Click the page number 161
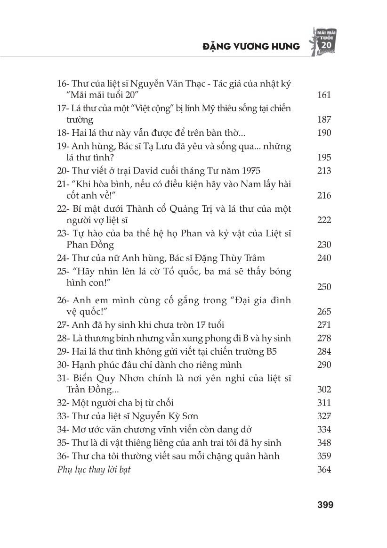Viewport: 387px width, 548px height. pos(324,95)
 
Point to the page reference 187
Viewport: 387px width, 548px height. pos(324,120)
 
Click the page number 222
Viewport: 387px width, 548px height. pos(324,220)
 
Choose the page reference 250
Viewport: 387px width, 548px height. pos(324,287)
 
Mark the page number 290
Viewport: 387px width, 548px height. pos(324,365)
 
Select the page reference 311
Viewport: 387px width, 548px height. pos(324,403)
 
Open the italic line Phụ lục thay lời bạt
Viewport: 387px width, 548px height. pos(93,470)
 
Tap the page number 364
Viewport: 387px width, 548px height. pos(324,470)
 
